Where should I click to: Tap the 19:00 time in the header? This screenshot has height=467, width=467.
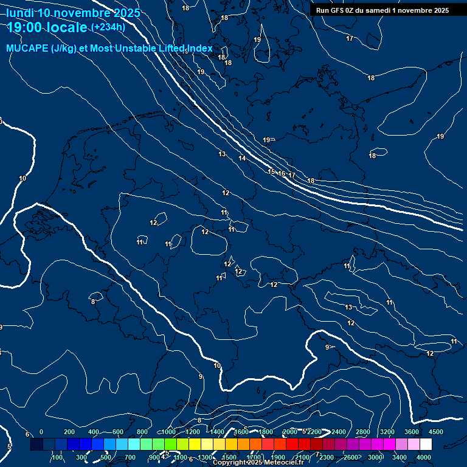click(24, 27)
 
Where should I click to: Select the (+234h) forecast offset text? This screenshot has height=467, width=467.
click(108, 27)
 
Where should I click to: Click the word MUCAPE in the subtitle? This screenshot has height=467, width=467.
click(27, 49)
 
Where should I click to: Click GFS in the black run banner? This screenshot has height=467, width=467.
click(337, 10)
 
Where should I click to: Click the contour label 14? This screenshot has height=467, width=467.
click(243, 158)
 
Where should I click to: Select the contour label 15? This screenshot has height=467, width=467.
click(272, 171)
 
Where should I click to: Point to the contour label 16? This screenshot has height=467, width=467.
click(282, 173)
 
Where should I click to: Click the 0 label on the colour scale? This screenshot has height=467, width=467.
click(41, 432)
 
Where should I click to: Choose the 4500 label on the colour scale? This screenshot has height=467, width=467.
click(436, 432)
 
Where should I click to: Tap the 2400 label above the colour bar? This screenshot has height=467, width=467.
click(339, 432)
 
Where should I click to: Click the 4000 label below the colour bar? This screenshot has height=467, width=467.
click(424, 457)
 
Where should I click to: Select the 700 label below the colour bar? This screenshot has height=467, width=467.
click(130, 457)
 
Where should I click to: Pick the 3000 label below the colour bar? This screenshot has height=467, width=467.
click(375, 457)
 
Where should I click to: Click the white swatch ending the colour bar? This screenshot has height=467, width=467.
click(426, 445)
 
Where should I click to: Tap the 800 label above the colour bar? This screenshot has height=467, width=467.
click(142, 432)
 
